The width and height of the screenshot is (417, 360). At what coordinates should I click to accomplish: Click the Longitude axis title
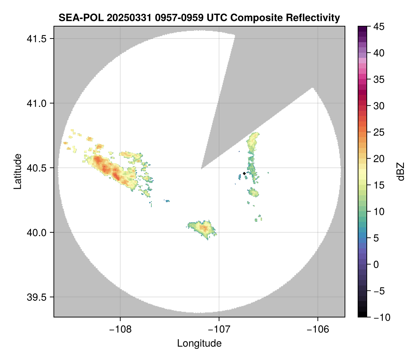pos(199,343)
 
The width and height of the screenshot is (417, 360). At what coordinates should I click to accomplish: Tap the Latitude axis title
pos(17,171)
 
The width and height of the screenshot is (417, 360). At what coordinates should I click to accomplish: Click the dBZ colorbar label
pos(401,171)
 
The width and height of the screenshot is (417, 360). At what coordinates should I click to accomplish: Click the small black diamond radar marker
pos(244,173)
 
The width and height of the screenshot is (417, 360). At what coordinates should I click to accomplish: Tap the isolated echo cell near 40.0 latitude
pos(202,228)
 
